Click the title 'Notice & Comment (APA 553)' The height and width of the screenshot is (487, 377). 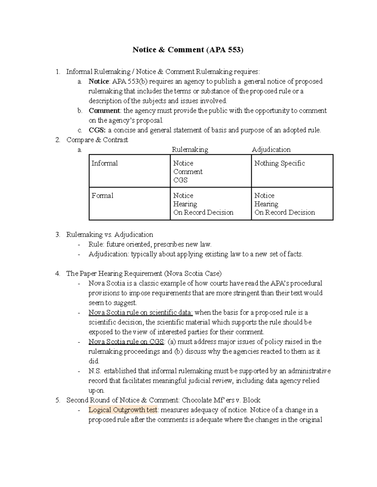click(x=188, y=50)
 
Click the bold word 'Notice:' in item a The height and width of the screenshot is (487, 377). click(x=99, y=82)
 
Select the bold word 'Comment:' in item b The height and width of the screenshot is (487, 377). click(x=104, y=111)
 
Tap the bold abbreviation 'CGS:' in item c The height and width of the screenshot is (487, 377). click(x=97, y=130)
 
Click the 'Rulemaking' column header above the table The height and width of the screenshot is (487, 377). click(x=190, y=150)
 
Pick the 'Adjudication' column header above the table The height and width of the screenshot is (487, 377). click(x=271, y=150)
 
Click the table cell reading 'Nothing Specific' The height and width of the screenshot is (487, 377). click(x=279, y=163)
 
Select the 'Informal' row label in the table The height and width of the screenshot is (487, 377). click(x=105, y=163)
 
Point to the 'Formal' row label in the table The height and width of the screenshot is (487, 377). click(x=102, y=196)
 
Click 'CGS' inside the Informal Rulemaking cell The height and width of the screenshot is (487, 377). click(x=180, y=180)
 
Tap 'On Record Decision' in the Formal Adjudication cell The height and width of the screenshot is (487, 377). click(x=284, y=213)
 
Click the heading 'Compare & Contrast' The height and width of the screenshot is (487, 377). click(x=97, y=140)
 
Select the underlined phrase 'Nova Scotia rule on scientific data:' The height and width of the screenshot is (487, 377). click(x=140, y=313)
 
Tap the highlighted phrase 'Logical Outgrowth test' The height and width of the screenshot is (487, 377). click(x=123, y=410)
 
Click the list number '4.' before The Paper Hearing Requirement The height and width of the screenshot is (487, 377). click(x=57, y=274)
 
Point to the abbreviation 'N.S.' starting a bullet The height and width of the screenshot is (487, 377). click(x=95, y=371)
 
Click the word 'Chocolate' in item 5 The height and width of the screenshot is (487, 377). click(x=197, y=400)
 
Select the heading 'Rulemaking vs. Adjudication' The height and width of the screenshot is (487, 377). click(x=110, y=235)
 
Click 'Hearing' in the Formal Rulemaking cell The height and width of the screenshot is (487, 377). click(x=185, y=204)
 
